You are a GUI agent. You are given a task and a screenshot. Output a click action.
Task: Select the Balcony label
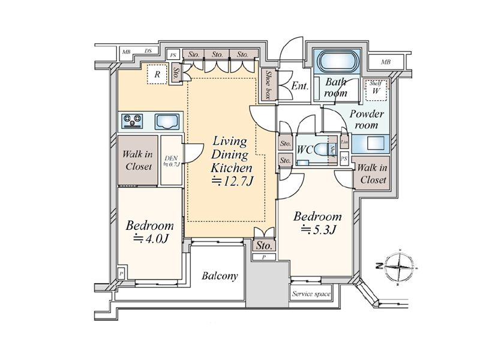220,277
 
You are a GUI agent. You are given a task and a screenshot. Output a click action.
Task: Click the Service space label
311,295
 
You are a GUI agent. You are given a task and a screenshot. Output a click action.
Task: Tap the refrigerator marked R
157,74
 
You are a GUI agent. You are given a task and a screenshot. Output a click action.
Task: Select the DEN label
172,160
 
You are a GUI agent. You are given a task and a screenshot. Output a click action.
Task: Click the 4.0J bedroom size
149,239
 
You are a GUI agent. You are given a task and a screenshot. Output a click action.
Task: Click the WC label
305,150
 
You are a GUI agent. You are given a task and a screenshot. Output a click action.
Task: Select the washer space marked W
376,91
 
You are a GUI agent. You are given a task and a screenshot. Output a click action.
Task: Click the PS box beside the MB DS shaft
173,55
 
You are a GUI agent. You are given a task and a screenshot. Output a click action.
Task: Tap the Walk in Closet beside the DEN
137,161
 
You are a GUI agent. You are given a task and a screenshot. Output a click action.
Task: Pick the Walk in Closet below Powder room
372,173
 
